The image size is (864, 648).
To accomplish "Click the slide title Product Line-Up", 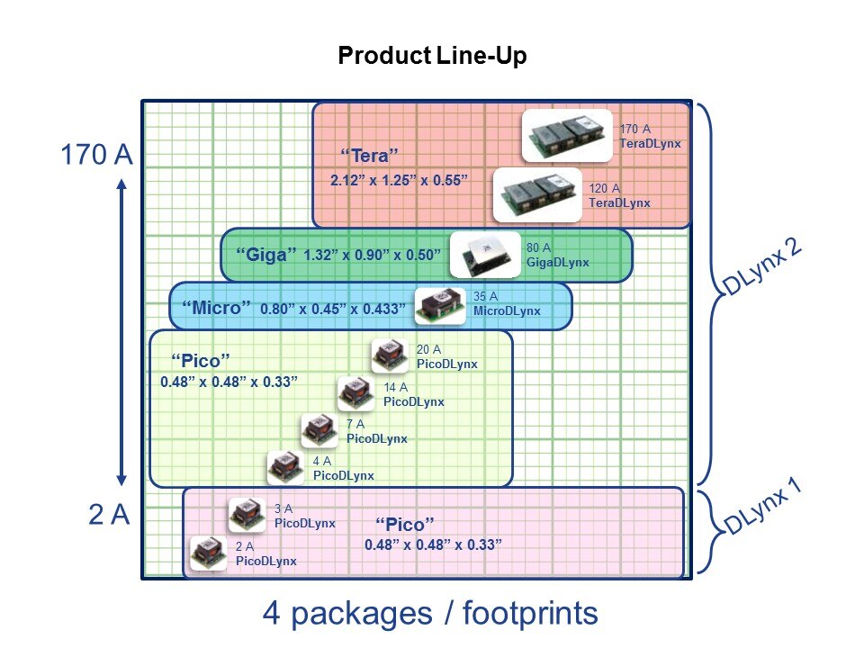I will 431,56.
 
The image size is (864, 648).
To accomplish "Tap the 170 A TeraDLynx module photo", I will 568,136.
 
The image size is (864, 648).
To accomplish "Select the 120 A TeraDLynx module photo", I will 538,195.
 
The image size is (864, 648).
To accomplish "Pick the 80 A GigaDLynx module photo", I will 484,256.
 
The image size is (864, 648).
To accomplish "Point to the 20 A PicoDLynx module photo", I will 391,355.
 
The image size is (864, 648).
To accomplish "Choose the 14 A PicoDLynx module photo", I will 356,393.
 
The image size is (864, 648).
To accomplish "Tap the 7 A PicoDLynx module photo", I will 319,430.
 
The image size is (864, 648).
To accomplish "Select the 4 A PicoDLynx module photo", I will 287,467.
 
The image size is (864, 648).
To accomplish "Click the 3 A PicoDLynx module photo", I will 247,515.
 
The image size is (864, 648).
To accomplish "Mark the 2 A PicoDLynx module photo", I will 209,553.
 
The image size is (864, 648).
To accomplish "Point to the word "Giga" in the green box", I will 265,255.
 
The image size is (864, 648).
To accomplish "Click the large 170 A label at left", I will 96,155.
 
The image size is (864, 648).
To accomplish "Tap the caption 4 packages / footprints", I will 430,614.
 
